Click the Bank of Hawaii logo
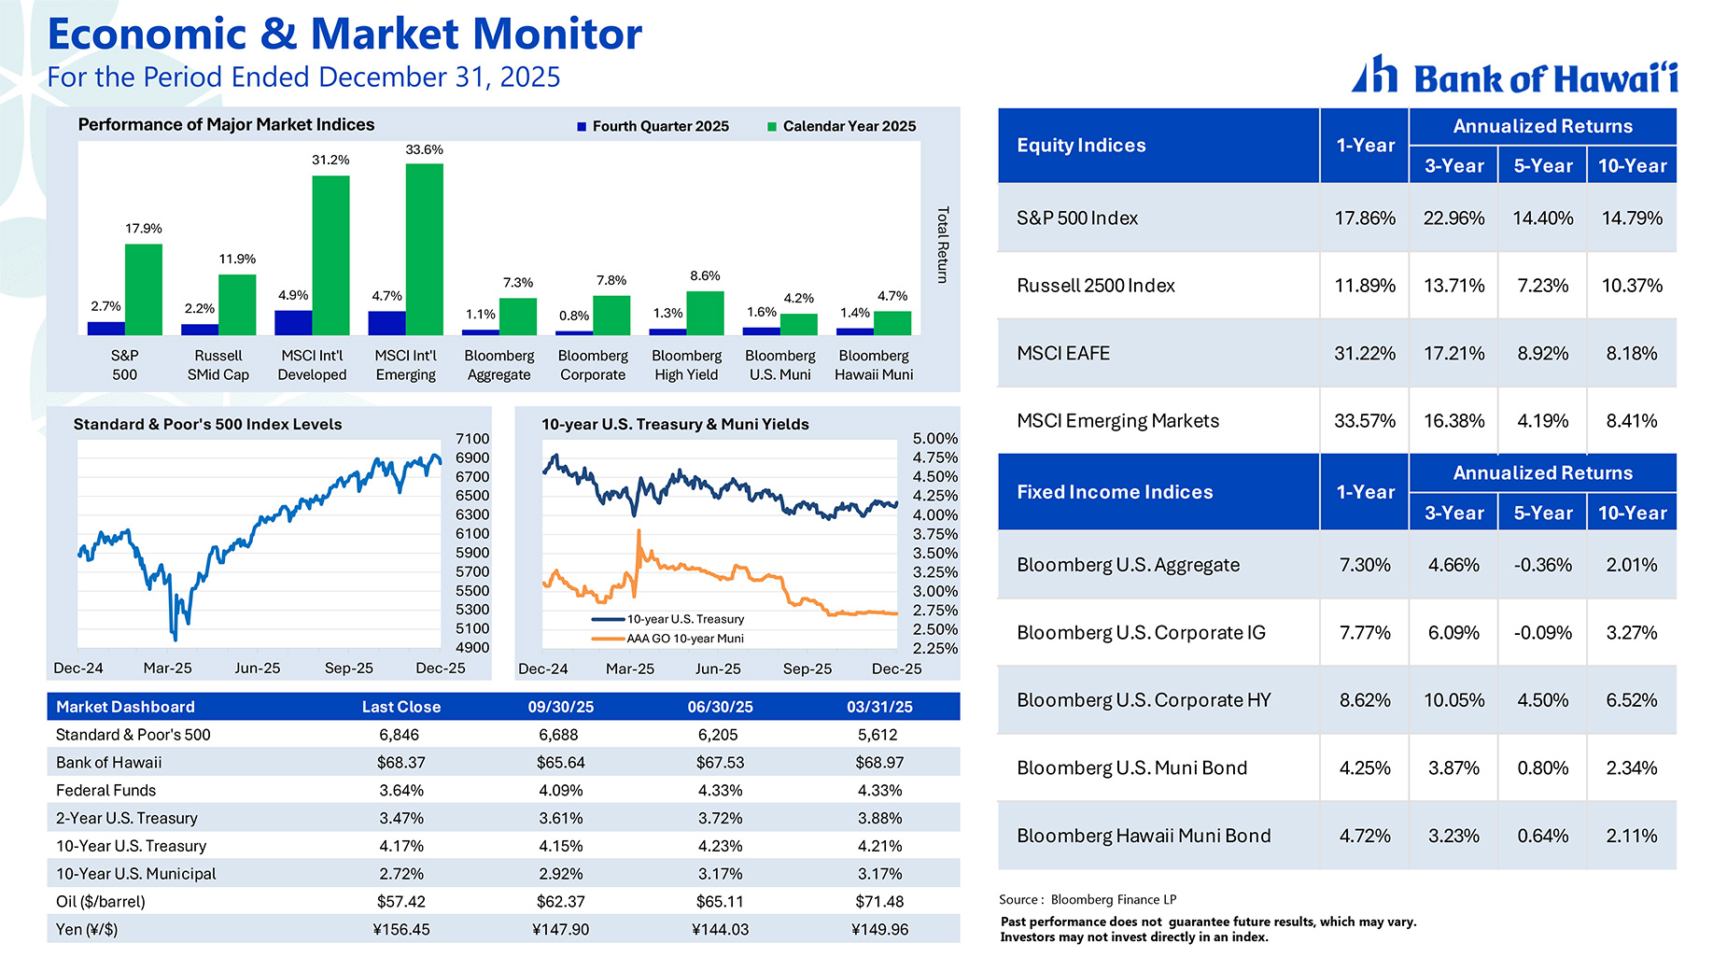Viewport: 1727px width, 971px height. tap(1514, 76)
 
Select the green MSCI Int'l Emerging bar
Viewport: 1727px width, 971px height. tap(424, 249)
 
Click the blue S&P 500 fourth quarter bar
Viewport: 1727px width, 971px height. tap(105, 328)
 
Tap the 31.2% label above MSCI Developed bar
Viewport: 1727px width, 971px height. tap(330, 160)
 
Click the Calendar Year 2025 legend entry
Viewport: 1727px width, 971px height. tap(841, 126)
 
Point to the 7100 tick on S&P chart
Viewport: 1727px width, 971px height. tap(472, 438)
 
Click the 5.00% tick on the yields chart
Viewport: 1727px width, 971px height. tap(934, 438)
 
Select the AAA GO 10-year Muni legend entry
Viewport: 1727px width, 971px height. tap(683, 639)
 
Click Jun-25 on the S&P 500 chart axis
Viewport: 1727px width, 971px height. tap(258, 668)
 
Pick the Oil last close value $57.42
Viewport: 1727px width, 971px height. tap(400, 901)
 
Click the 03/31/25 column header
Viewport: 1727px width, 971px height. tap(879, 707)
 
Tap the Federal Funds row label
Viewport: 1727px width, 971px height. tap(105, 790)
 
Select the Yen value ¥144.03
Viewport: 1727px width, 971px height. tap(720, 929)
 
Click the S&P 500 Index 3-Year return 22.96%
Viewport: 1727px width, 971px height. tap(1453, 218)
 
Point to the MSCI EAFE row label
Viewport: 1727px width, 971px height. tap(1063, 353)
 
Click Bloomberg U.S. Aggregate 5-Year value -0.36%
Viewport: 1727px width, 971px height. tap(1542, 565)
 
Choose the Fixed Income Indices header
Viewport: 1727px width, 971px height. tap(1115, 492)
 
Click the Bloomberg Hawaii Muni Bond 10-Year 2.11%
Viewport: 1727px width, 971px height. tap(1631, 836)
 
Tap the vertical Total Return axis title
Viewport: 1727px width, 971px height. tap(942, 245)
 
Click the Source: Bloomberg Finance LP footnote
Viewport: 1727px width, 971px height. tap(1088, 899)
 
